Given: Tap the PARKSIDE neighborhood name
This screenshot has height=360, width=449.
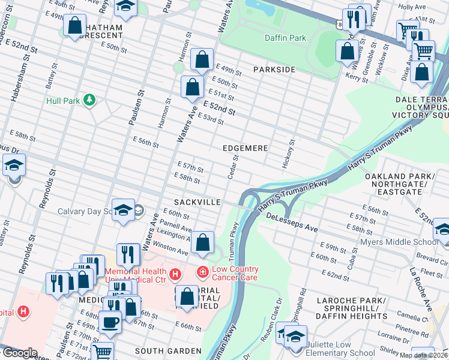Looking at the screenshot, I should [x=274, y=70].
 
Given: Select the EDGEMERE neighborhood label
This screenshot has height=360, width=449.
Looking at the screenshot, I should [x=244, y=147].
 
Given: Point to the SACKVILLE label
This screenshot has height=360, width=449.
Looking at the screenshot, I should [x=197, y=202].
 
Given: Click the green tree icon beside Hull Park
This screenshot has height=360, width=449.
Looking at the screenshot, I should [x=89, y=100].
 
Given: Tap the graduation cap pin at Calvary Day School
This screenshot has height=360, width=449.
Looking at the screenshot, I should [x=123, y=210].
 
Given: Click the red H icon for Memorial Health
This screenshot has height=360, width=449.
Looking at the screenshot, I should [x=175, y=274].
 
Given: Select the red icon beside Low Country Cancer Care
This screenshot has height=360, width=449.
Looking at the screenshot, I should [x=203, y=274].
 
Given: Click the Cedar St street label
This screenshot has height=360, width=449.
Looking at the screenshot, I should [x=234, y=167].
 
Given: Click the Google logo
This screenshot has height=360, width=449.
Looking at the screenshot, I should [x=20, y=353].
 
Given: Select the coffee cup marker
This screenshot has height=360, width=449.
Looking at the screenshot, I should [x=110, y=322].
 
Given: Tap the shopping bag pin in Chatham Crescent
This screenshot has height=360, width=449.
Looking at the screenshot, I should [x=75, y=26].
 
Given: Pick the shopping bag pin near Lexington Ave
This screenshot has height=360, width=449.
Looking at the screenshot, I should [x=203, y=243].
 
